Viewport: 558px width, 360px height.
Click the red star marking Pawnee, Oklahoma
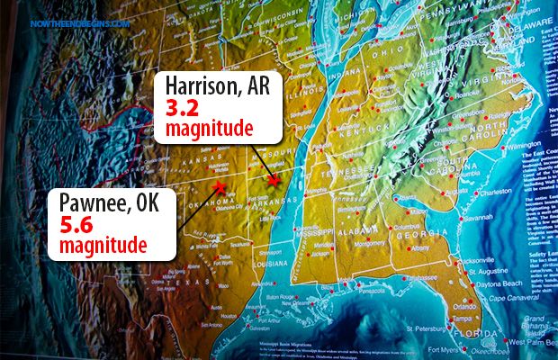[x=218, y=188]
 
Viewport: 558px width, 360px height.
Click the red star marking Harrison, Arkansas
[x=274, y=183]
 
